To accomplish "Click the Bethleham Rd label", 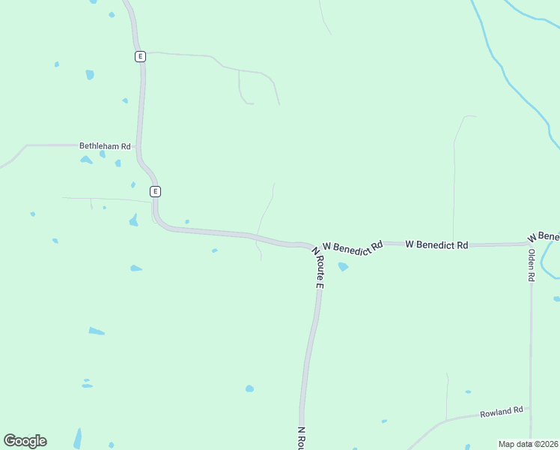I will [105, 146].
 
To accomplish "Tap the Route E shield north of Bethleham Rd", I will [140, 56].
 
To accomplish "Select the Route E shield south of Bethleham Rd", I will [155, 191].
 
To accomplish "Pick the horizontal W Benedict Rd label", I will [436, 244].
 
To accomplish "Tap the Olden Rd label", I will [532, 265].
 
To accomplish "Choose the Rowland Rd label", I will [502, 412].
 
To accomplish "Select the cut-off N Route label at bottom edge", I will [301, 438].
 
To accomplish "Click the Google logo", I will [25, 441].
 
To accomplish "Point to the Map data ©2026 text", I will [528, 444].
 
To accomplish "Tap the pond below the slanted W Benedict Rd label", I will [343, 266].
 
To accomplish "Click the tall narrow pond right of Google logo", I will [77, 438].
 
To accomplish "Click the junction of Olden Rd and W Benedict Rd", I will [530, 244].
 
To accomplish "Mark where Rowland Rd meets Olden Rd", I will [530, 408].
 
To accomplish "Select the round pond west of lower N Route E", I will [249, 388].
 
